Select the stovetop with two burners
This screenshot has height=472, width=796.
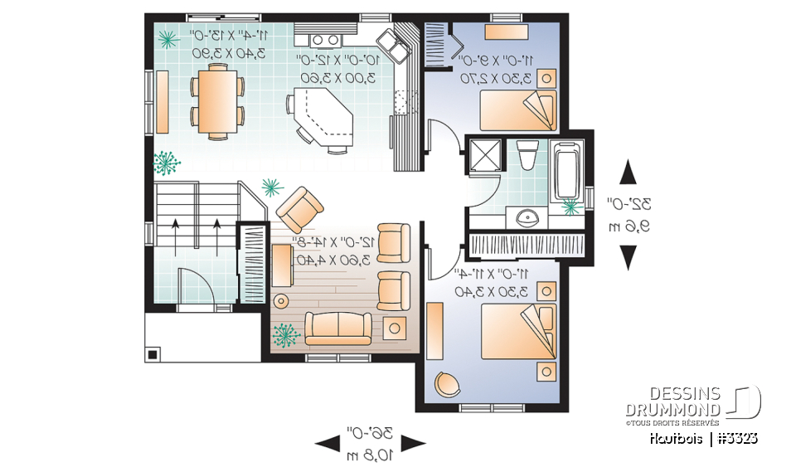pyautogui.click(x=324, y=39)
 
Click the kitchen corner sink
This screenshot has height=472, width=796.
pyautogui.click(x=389, y=46)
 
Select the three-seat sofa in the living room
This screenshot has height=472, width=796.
pyautogui.click(x=338, y=328)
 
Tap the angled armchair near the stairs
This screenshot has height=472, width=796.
pyautogui.click(x=298, y=209)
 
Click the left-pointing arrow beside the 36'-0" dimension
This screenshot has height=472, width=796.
pyautogui.click(x=324, y=443)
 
